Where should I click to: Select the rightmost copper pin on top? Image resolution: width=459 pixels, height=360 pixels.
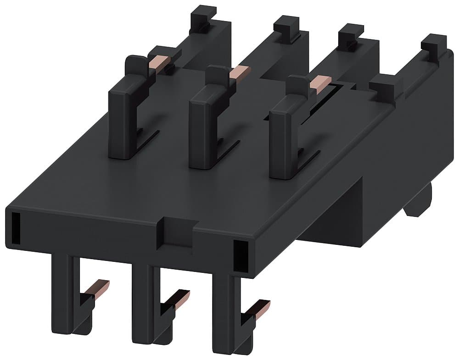point(319,82)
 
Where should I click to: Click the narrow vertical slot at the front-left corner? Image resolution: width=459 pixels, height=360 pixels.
point(15,227)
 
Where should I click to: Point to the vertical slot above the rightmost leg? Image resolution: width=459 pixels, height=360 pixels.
point(239,255)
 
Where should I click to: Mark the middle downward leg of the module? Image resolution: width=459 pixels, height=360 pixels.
point(141,303)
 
